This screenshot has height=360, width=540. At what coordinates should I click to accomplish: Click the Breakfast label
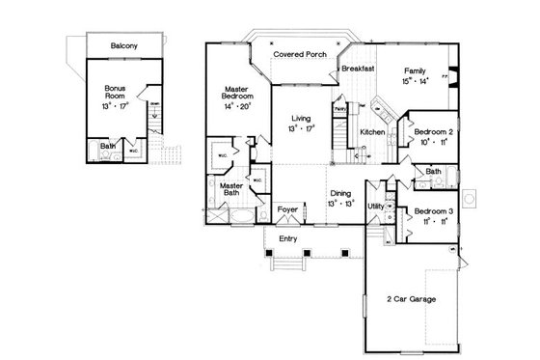(x=357, y=69)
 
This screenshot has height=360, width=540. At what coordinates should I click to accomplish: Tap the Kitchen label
(x=373, y=131)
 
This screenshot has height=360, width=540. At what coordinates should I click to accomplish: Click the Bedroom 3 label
(x=427, y=210)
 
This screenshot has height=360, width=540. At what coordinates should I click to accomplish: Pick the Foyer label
(x=287, y=209)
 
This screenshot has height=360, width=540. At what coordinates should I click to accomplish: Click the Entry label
(x=287, y=238)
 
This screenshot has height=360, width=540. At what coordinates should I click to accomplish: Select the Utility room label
(x=376, y=207)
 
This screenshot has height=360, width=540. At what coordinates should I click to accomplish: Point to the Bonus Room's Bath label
(x=108, y=148)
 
